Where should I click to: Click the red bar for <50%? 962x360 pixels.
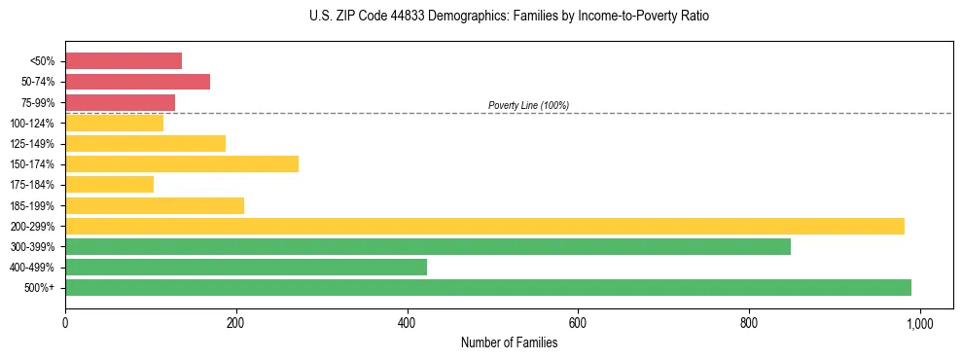pos(124,61)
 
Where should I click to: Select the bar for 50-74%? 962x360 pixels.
pos(137,82)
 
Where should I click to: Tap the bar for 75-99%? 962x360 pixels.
pos(120,102)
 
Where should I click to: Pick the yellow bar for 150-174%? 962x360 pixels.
pos(182,163)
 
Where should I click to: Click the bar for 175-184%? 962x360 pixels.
pos(109,184)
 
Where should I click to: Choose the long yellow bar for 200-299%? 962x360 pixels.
pos(484,226)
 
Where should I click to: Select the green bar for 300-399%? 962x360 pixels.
pos(428,246)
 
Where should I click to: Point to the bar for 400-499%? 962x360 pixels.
pos(246,267)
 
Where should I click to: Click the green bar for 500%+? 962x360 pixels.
pos(488,287)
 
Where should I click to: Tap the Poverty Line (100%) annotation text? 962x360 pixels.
pos(528,105)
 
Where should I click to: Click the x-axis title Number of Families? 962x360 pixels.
pos(509,342)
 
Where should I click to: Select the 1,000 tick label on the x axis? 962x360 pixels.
pos(919,322)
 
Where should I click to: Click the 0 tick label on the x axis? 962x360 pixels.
pos(65,322)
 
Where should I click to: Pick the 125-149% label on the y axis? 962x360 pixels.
pos(32,144)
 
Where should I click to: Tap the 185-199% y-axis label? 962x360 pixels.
pos(32,205)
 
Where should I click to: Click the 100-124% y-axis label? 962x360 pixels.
pos(32,124)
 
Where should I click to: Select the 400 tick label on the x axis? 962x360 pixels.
pos(407,322)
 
